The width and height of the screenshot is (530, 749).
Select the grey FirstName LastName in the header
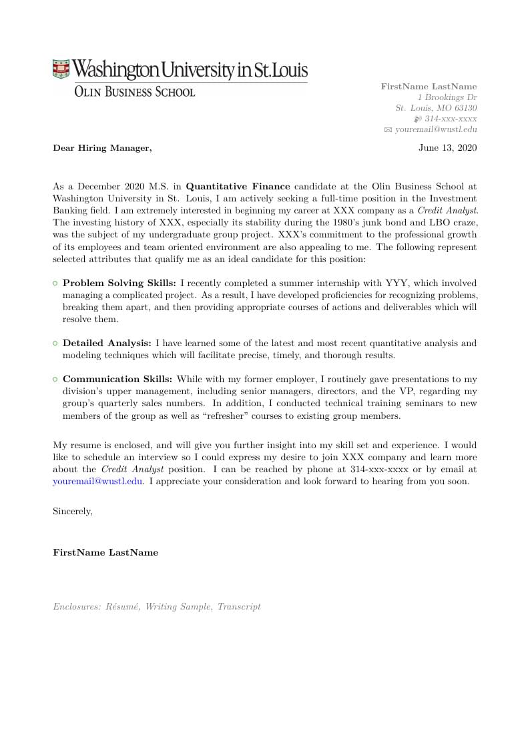[x=429, y=87]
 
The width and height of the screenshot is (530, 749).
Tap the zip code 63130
[x=465, y=108]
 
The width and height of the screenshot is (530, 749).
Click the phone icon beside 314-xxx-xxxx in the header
[x=417, y=119]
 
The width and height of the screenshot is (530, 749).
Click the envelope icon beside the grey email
[x=388, y=130]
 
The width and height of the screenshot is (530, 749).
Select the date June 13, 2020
[x=447, y=148]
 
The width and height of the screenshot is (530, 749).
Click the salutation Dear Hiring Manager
[x=102, y=148]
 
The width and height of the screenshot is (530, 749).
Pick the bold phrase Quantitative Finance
[x=238, y=187]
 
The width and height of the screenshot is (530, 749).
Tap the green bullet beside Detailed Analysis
[x=55, y=343]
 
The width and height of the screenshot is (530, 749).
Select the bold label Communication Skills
[x=117, y=380]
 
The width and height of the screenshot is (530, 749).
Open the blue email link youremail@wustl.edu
[x=97, y=481]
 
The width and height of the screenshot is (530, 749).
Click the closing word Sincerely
[x=73, y=512]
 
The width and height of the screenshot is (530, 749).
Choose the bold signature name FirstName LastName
[x=105, y=552]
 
